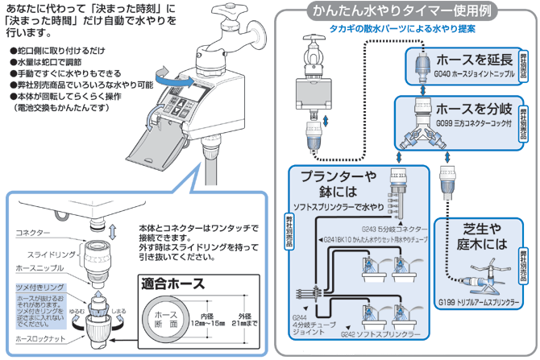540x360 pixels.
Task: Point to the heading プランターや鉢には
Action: pos(337,183)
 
